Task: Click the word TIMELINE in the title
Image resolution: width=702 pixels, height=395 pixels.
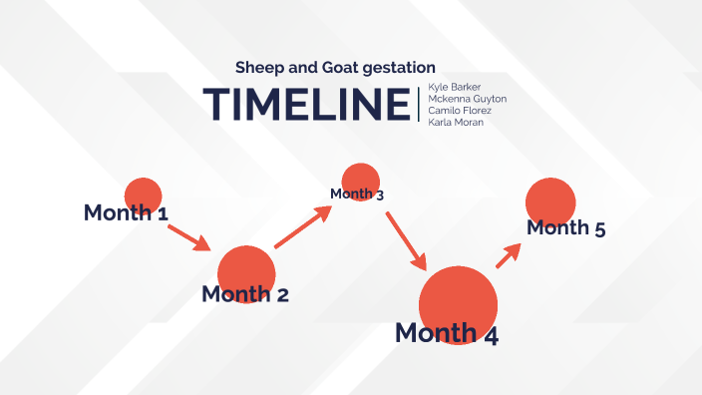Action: click(x=306, y=105)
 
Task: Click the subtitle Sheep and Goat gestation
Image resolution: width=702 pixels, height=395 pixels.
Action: click(x=335, y=68)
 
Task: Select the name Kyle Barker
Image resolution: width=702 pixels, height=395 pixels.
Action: click(x=454, y=87)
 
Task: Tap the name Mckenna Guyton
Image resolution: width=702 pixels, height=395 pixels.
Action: click(x=467, y=99)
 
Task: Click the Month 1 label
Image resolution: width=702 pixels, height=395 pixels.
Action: click(x=126, y=212)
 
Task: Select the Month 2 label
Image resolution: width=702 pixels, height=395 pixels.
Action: click(x=245, y=294)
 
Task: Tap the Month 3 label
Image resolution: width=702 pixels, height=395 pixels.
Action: click(x=357, y=194)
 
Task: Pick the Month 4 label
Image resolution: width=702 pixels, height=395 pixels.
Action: click(x=447, y=333)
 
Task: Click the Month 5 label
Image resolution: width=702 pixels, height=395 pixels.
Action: click(x=565, y=228)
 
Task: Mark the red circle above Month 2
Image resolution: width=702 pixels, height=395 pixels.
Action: click(x=246, y=266)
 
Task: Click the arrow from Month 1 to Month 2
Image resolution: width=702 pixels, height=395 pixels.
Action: click(x=187, y=237)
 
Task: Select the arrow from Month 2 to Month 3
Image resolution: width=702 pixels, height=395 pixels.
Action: click(x=302, y=227)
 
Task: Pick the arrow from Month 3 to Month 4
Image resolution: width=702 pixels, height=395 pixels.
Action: click(x=406, y=239)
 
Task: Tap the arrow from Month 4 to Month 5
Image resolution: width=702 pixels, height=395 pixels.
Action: click(x=510, y=253)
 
